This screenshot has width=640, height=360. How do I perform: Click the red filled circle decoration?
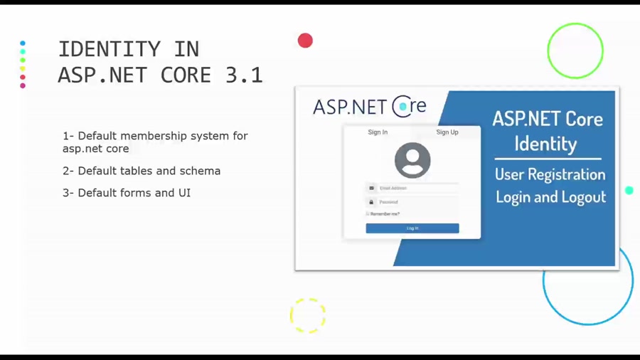tap(305, 41)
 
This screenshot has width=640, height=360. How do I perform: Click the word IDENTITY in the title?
tap(109, 49)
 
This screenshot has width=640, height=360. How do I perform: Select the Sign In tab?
tap(378, 132)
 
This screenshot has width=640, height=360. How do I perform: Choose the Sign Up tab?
tap(447, 132)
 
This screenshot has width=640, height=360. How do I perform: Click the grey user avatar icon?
tap(412, 160)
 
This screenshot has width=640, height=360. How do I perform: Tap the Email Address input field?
tap(418, 189)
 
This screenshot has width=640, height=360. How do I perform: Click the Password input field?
tap(418, 202)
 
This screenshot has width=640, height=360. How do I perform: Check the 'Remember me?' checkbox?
tap(368, 213)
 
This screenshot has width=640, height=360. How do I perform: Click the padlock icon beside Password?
tap(371, 202)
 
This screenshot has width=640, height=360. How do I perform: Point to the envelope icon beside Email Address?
tap(371, 189)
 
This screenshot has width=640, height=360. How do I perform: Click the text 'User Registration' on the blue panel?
tap(550, 174)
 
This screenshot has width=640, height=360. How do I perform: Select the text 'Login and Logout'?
tap(550, 197)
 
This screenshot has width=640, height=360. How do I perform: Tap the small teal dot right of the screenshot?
tap(629, 191)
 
